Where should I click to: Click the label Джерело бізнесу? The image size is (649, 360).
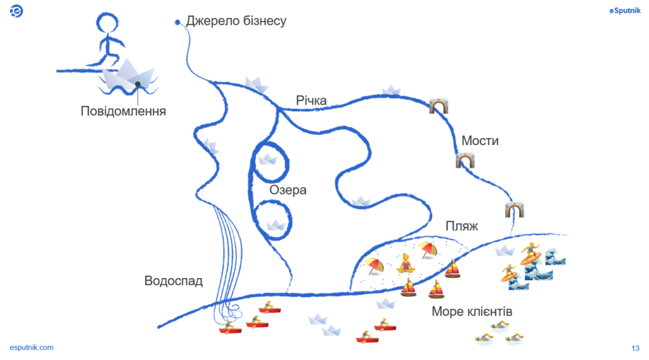click(x=236, y=21)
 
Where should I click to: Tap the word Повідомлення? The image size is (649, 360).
click(x=124, y=112)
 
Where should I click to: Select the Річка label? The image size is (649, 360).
click(x=311, y=100)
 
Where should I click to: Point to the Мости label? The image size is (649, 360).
click(x=480, y=141)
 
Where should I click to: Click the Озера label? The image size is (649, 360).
click(x=288, y=190)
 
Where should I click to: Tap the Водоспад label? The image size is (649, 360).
click(x=173, y=281)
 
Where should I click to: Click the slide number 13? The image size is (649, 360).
click(x=635, y=347)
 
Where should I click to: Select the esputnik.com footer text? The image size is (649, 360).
click(x=32, y=347)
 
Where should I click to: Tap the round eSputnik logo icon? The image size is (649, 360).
click(x=17, y=11)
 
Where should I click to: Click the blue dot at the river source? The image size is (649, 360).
click(x=178, y=22)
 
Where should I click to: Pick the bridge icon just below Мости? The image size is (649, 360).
click(x=465, y=160)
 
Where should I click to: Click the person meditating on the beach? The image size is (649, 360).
click(x=406, y=262)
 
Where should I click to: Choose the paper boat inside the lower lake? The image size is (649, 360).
click(x=275, y=224)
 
